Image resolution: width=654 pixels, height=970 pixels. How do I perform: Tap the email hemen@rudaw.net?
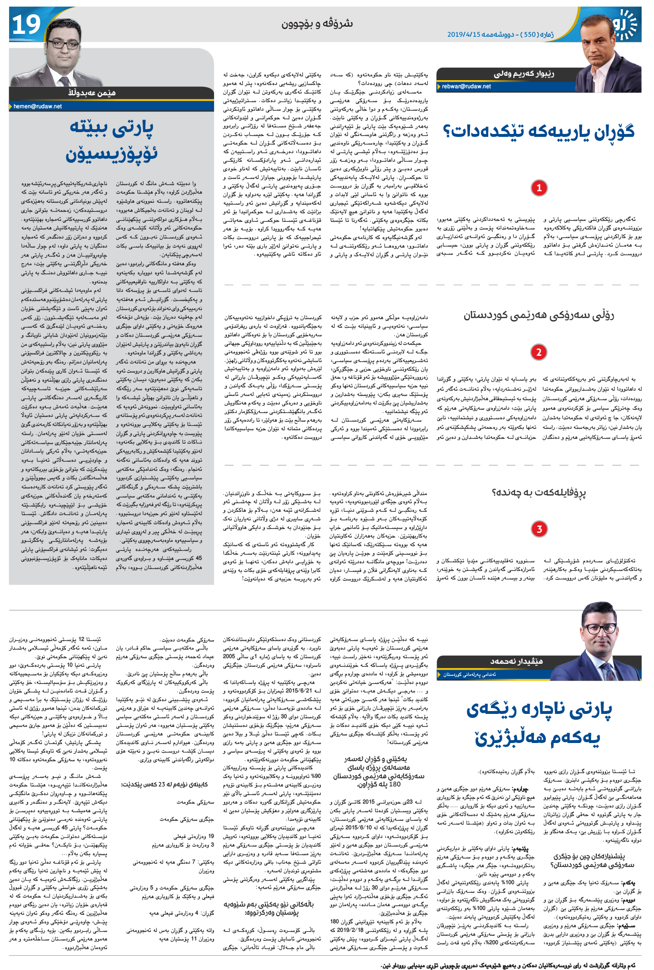pos(38,106)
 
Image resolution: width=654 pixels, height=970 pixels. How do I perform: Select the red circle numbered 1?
pos(539,188)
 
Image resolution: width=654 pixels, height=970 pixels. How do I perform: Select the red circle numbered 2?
pos(539,352)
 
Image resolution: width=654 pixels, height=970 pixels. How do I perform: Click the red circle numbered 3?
pos(539,529)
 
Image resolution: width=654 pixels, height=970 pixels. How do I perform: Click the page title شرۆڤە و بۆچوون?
pos(317,23)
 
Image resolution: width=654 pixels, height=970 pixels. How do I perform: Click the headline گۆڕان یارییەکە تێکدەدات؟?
pos(539,132)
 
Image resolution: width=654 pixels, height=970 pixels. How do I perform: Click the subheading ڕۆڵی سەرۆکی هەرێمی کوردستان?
pos(539,316)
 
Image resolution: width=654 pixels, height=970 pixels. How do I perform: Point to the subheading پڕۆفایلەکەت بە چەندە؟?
pos(539,493)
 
